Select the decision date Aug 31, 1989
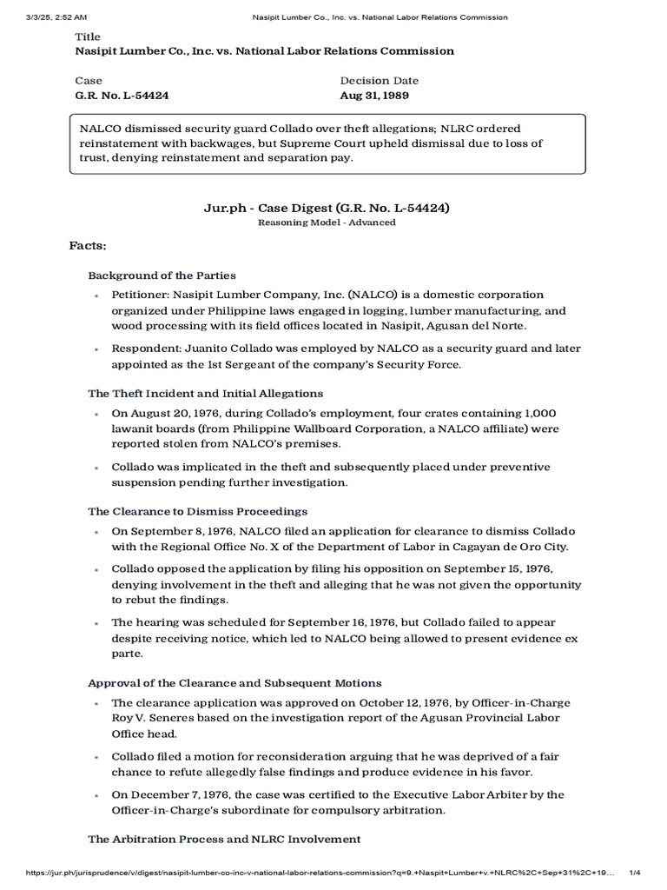coord(375,95)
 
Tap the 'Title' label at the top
coord(89,37)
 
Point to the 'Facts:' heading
coord(88,246)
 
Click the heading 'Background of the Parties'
coord(162,276)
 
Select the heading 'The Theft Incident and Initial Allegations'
coord(205,394)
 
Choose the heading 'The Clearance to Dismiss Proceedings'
coord(197,511)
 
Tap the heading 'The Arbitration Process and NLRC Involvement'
coord(224,839)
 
